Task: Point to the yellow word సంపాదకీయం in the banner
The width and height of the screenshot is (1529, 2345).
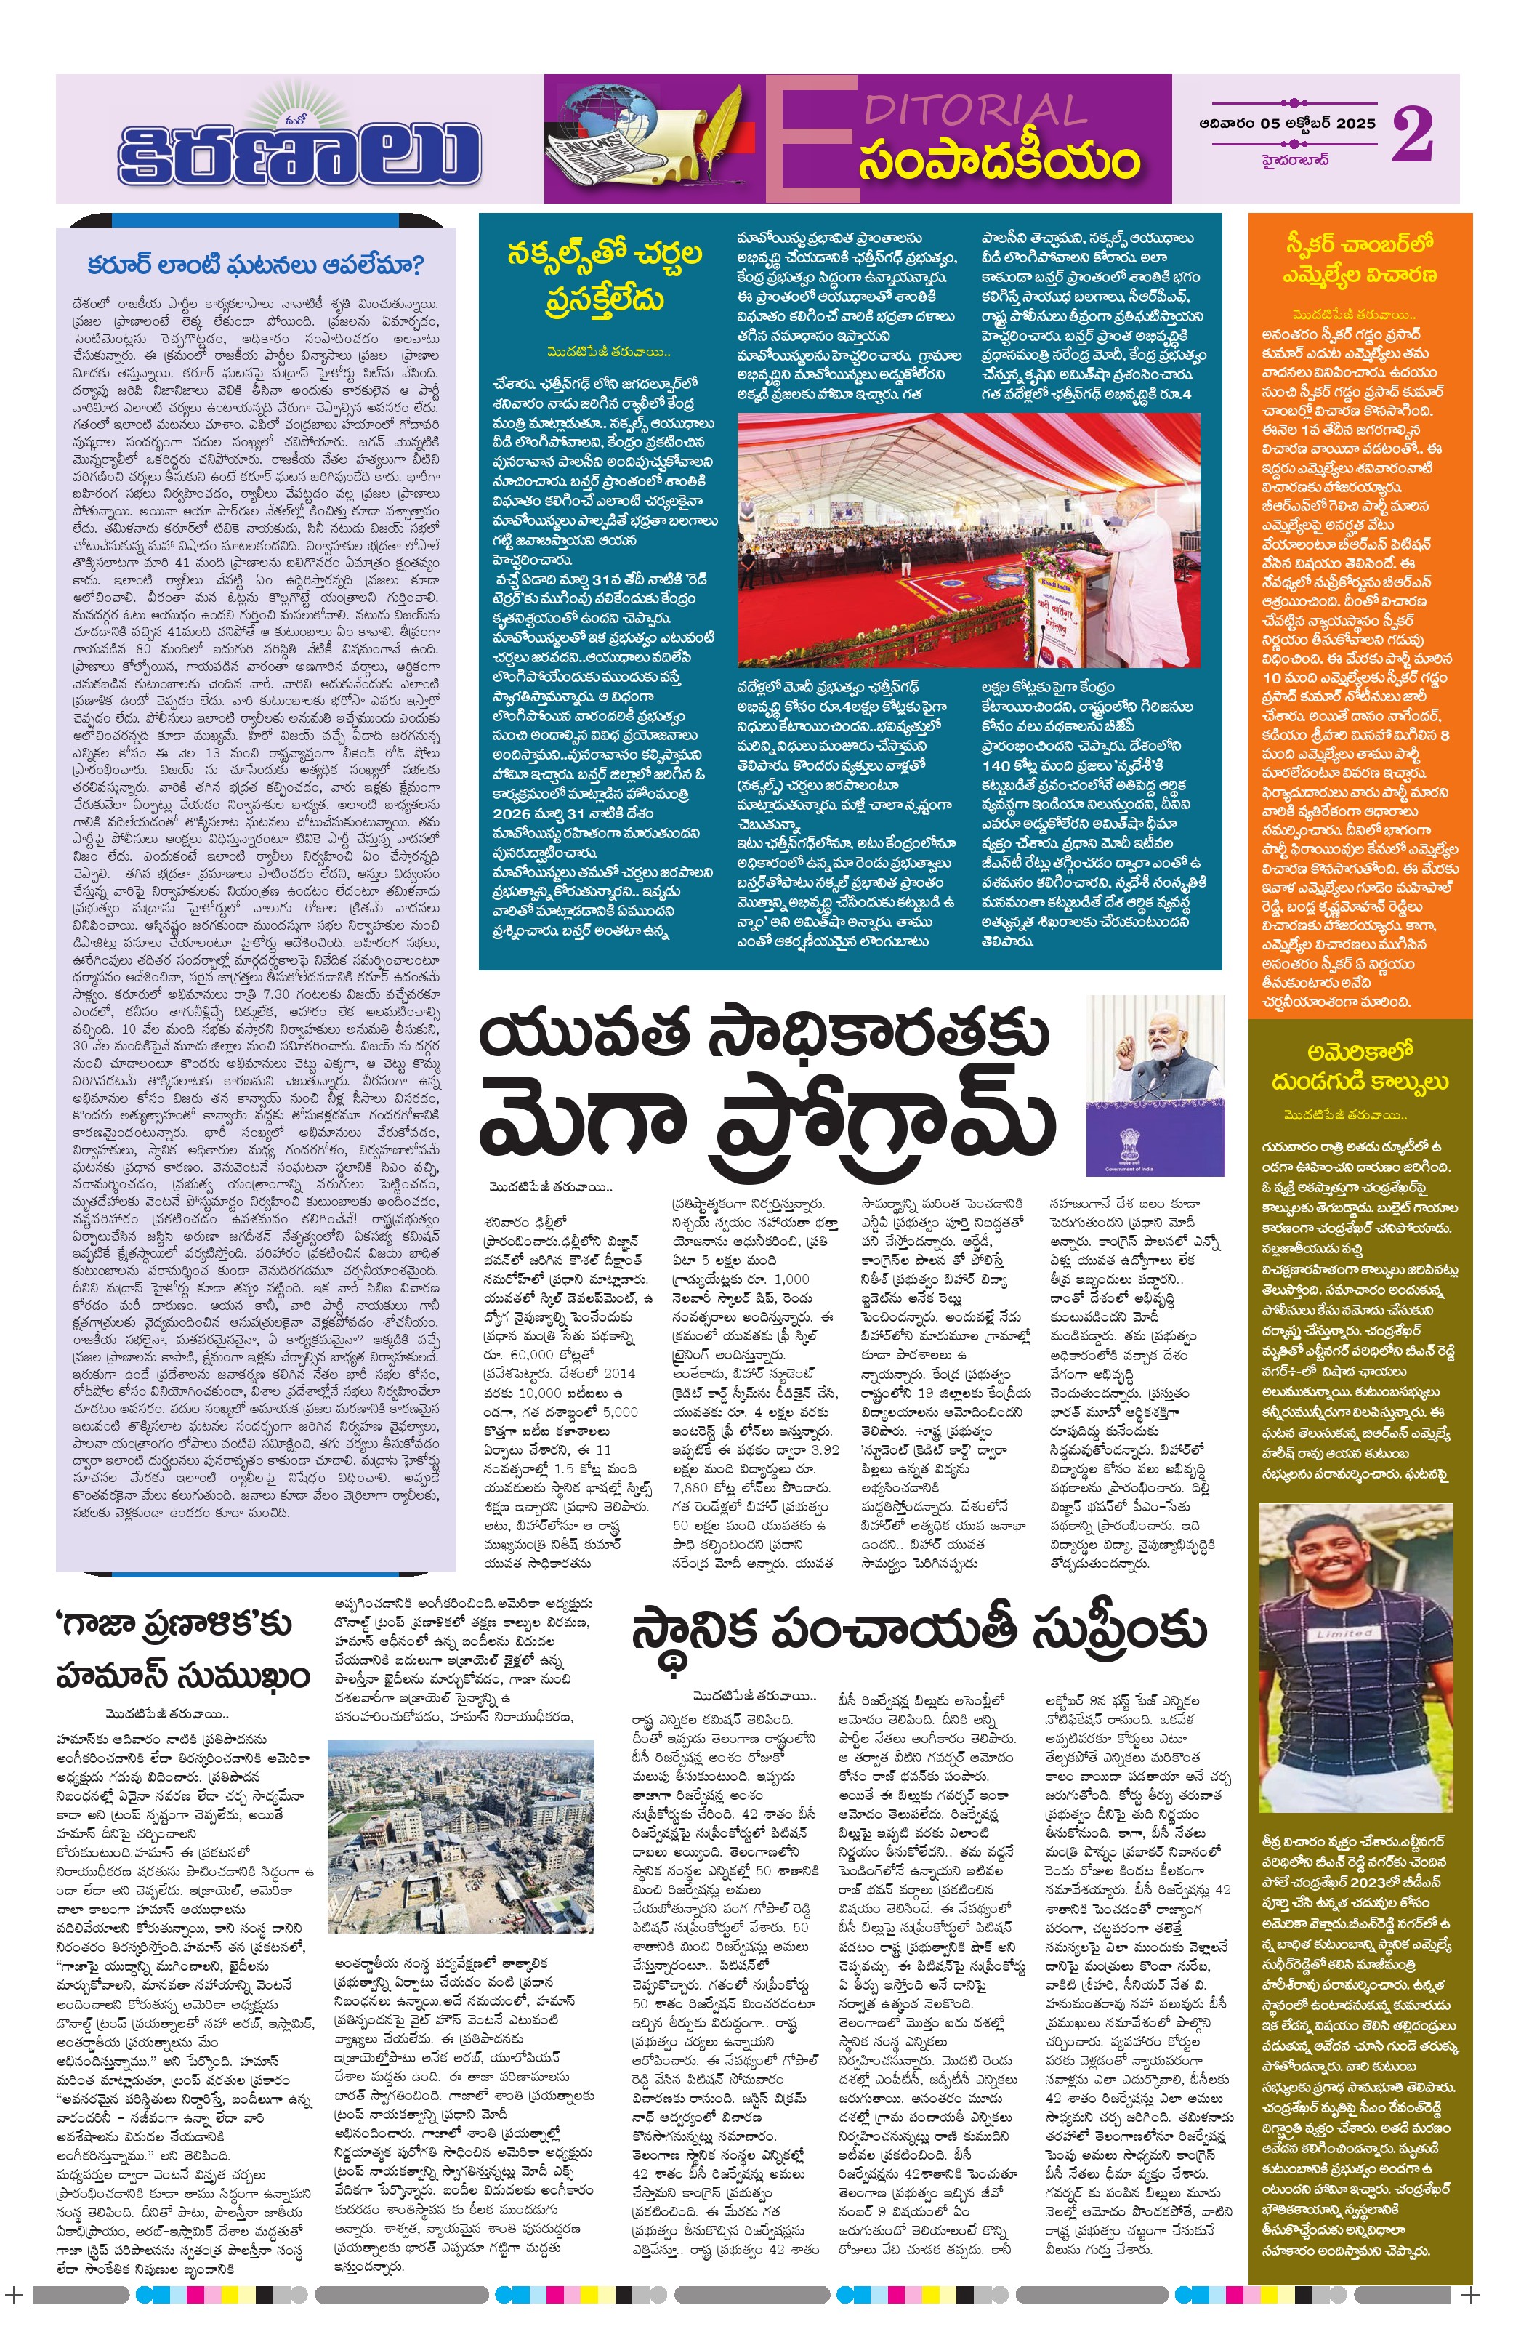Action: (998, 161)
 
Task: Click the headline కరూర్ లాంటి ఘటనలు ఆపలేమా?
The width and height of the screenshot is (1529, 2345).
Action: (255, 265)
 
